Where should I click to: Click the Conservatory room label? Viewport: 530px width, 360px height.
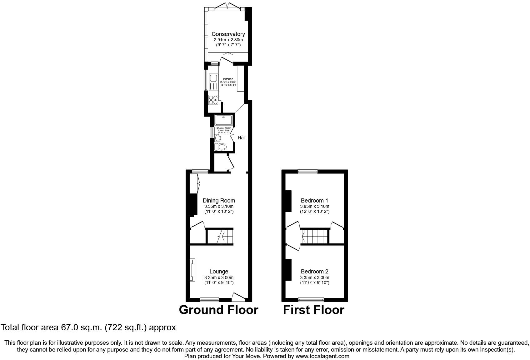pos(228,34)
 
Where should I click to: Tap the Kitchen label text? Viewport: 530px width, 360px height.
pos(228,79)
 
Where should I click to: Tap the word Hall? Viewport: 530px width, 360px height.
pos(242,138)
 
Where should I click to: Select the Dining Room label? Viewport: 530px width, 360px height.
pos(219,201)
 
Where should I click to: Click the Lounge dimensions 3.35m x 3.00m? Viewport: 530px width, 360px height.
pos(219,277)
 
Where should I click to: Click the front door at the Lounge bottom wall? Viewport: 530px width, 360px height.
pos(239,296)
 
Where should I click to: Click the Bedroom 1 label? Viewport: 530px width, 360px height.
pos(314,201)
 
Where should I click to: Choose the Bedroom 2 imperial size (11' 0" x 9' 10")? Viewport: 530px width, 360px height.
pos(314,283)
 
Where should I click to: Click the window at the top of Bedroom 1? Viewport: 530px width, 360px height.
pos(307,171)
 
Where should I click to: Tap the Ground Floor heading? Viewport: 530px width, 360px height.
pos(218,310)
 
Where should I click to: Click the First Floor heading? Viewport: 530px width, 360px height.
pos(313,310)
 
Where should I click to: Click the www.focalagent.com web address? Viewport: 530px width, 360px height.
pos(322,356)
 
